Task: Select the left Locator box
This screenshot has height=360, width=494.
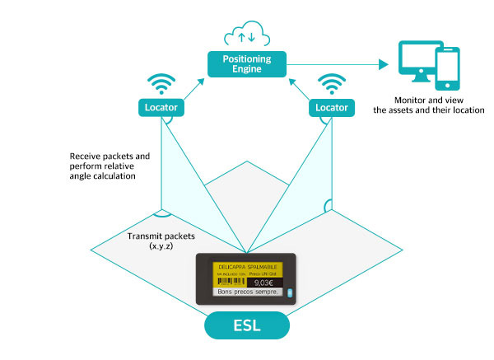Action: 161,107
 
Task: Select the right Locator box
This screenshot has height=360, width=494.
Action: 331,107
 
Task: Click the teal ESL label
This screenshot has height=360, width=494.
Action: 246,325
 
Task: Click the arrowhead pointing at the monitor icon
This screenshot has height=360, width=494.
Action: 384,63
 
